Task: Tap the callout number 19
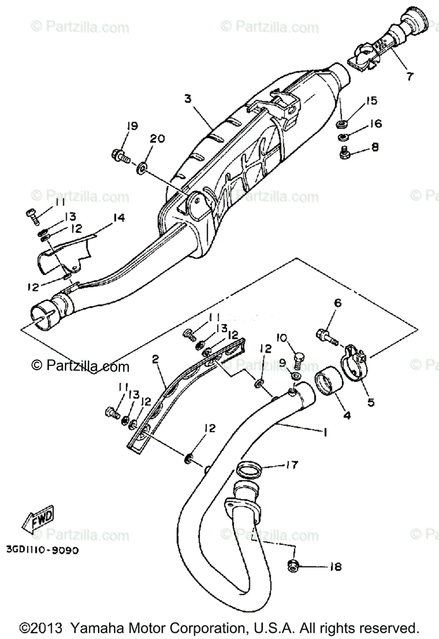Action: [132, 126]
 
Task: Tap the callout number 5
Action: [370, 402]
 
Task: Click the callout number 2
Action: [155, 359]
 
